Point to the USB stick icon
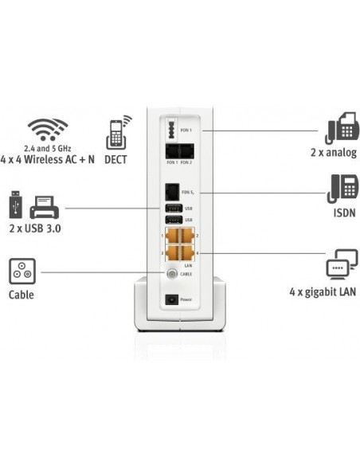[x=14, y=205]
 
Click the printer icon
[x=45, y=207]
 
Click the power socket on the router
[x=169, y=300]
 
